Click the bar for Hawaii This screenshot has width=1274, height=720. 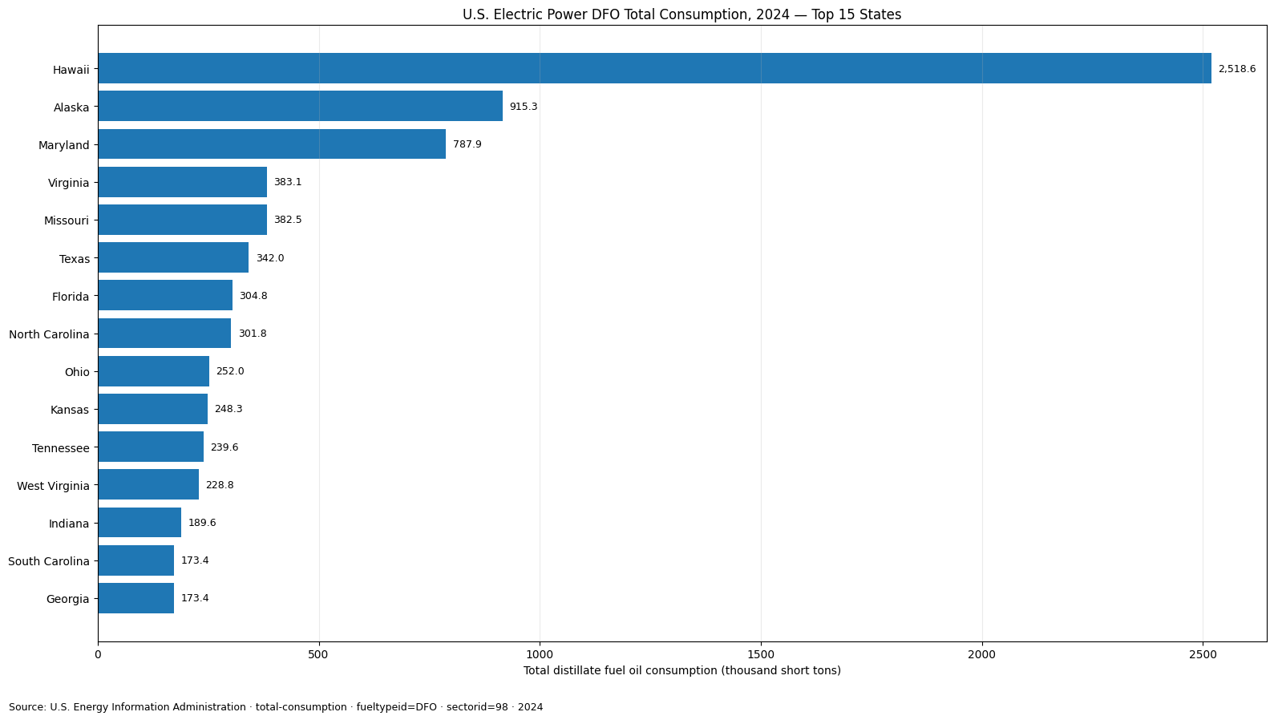(x=654, y=68)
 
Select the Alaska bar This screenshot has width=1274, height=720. (x=301, y=106)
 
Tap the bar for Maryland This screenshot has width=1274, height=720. (x=272, y=144)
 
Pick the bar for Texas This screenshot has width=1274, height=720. (x=173, y=257)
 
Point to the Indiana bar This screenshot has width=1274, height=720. (x=140, y=522)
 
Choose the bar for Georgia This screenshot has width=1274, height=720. (x=136, y=597)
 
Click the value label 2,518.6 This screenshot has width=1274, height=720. (x=1237, y=69)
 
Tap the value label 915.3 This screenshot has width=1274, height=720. (x=524, y=107)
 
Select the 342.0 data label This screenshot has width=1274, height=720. (x=270, y=257)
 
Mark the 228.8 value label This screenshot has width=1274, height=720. (x=220, y=484)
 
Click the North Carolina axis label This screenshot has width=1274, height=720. (x=49, y=334)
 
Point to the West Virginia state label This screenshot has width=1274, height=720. (x=53, y=486)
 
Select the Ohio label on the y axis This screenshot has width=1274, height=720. (x=77, y=372)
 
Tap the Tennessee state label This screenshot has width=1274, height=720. (x=61, y=448)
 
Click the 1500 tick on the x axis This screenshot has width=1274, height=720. (x=761, y=654)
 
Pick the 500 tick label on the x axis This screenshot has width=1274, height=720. (x=318, y=654)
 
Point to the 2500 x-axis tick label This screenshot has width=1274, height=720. (x=1203, y=654)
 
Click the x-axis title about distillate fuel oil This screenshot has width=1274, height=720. (x=682, y=670)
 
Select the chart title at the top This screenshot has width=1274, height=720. (x=682, y=14)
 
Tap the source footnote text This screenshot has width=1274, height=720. (x=276, y=707)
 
